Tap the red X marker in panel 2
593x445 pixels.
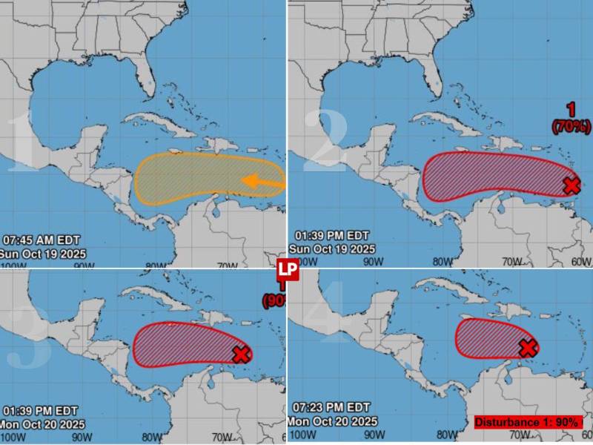point(571,185)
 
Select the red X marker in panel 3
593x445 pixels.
point(241,355)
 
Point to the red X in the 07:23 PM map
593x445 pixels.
point(527,348)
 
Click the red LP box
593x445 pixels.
point(288,271)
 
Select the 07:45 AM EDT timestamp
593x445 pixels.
point(41,240)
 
